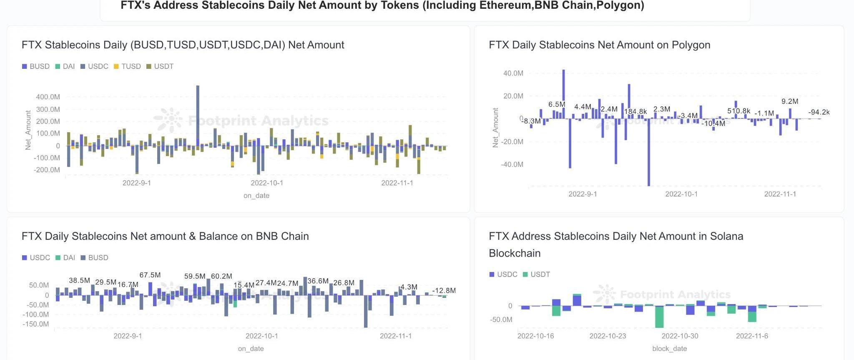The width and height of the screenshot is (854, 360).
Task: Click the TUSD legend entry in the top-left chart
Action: [x=127, y=66]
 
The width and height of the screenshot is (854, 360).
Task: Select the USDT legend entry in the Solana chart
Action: [x=536, y=274]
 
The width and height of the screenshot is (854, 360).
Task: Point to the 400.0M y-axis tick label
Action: [x=48, y=97]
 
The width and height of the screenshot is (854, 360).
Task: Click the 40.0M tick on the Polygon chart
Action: [x=513, y=73]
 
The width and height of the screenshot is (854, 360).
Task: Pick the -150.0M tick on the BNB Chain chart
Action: [x=36, y=324]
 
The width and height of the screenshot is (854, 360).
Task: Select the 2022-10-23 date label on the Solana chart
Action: [x=608, y=336]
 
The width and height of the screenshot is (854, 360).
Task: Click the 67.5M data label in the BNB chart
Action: [x=150, y=275]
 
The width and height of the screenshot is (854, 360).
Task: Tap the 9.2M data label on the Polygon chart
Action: [x=790, y=101]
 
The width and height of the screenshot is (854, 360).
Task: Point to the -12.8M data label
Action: [x=444, y=291]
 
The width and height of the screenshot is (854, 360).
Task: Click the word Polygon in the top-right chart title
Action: [x=691, y=45]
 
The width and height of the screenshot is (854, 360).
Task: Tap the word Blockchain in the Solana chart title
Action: [x=515, y=253]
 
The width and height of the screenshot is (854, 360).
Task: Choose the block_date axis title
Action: [x=669, y=349]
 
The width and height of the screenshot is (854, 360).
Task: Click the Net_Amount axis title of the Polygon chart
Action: [x=495, y=128]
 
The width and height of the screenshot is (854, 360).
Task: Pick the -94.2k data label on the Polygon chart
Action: [x=819, y=112]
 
